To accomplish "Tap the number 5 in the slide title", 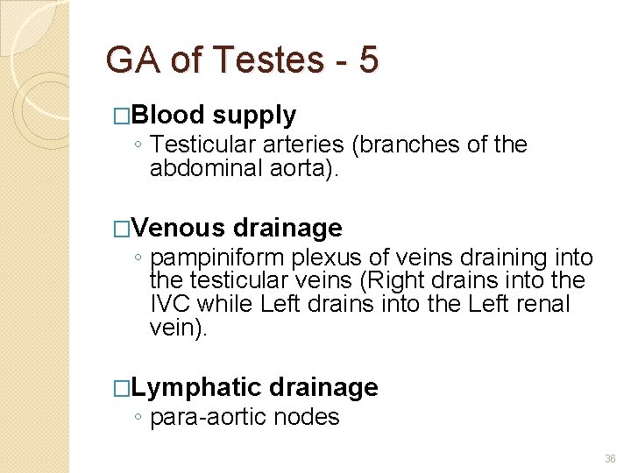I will click(x=368, y=60).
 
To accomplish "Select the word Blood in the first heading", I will click(x=170, y=115).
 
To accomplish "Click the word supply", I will click(x=254, y=115).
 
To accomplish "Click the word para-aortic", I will click(x=209, y=417).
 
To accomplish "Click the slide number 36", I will click(x=610, y=459).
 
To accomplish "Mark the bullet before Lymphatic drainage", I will click(x=122, y=388).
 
